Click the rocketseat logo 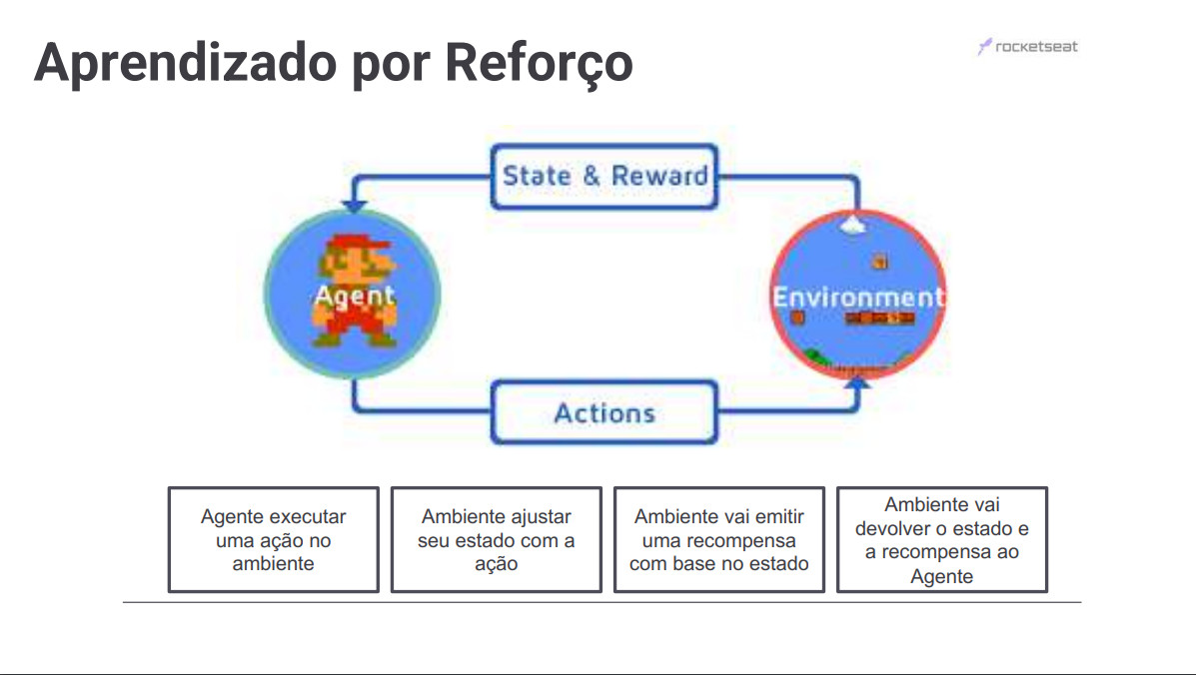tap(1028, 47)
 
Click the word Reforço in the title tap(538, 62)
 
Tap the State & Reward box tap(604, 177)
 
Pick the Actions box tap(604, 412)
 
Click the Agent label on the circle tap(354, 296)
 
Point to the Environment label tap(857, 297)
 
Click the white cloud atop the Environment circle tap(852, 225)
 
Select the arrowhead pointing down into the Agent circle tap(354, 207)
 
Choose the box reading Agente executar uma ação tap(273, 539)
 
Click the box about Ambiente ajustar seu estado tap(496, 539)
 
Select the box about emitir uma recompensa tap(718, 539)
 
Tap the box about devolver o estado tap(941, 539)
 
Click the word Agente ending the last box tap(941, 576)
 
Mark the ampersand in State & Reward tap(592, 177)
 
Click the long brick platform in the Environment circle tap(879, 319)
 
